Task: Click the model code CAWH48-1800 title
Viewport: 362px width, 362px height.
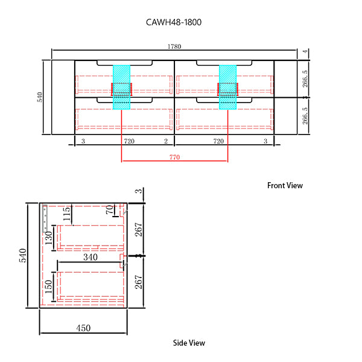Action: (173, 22)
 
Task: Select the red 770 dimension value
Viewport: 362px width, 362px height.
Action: (174, 157)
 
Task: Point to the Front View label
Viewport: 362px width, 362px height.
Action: (285, 186)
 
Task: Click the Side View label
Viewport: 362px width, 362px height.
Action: (189, 343)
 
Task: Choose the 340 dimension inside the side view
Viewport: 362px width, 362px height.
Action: (91, 258)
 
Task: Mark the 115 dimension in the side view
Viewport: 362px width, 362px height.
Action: (68, 214)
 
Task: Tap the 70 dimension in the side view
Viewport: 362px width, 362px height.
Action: (110, 211)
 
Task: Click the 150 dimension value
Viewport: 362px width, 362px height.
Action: (48, 287)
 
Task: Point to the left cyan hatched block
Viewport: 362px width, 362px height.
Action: (122, 86)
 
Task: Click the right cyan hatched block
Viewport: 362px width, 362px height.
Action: (227, 86)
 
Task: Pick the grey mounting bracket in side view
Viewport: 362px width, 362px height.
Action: (45, 220)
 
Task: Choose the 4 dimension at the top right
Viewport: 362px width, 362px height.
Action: (306, 52)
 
